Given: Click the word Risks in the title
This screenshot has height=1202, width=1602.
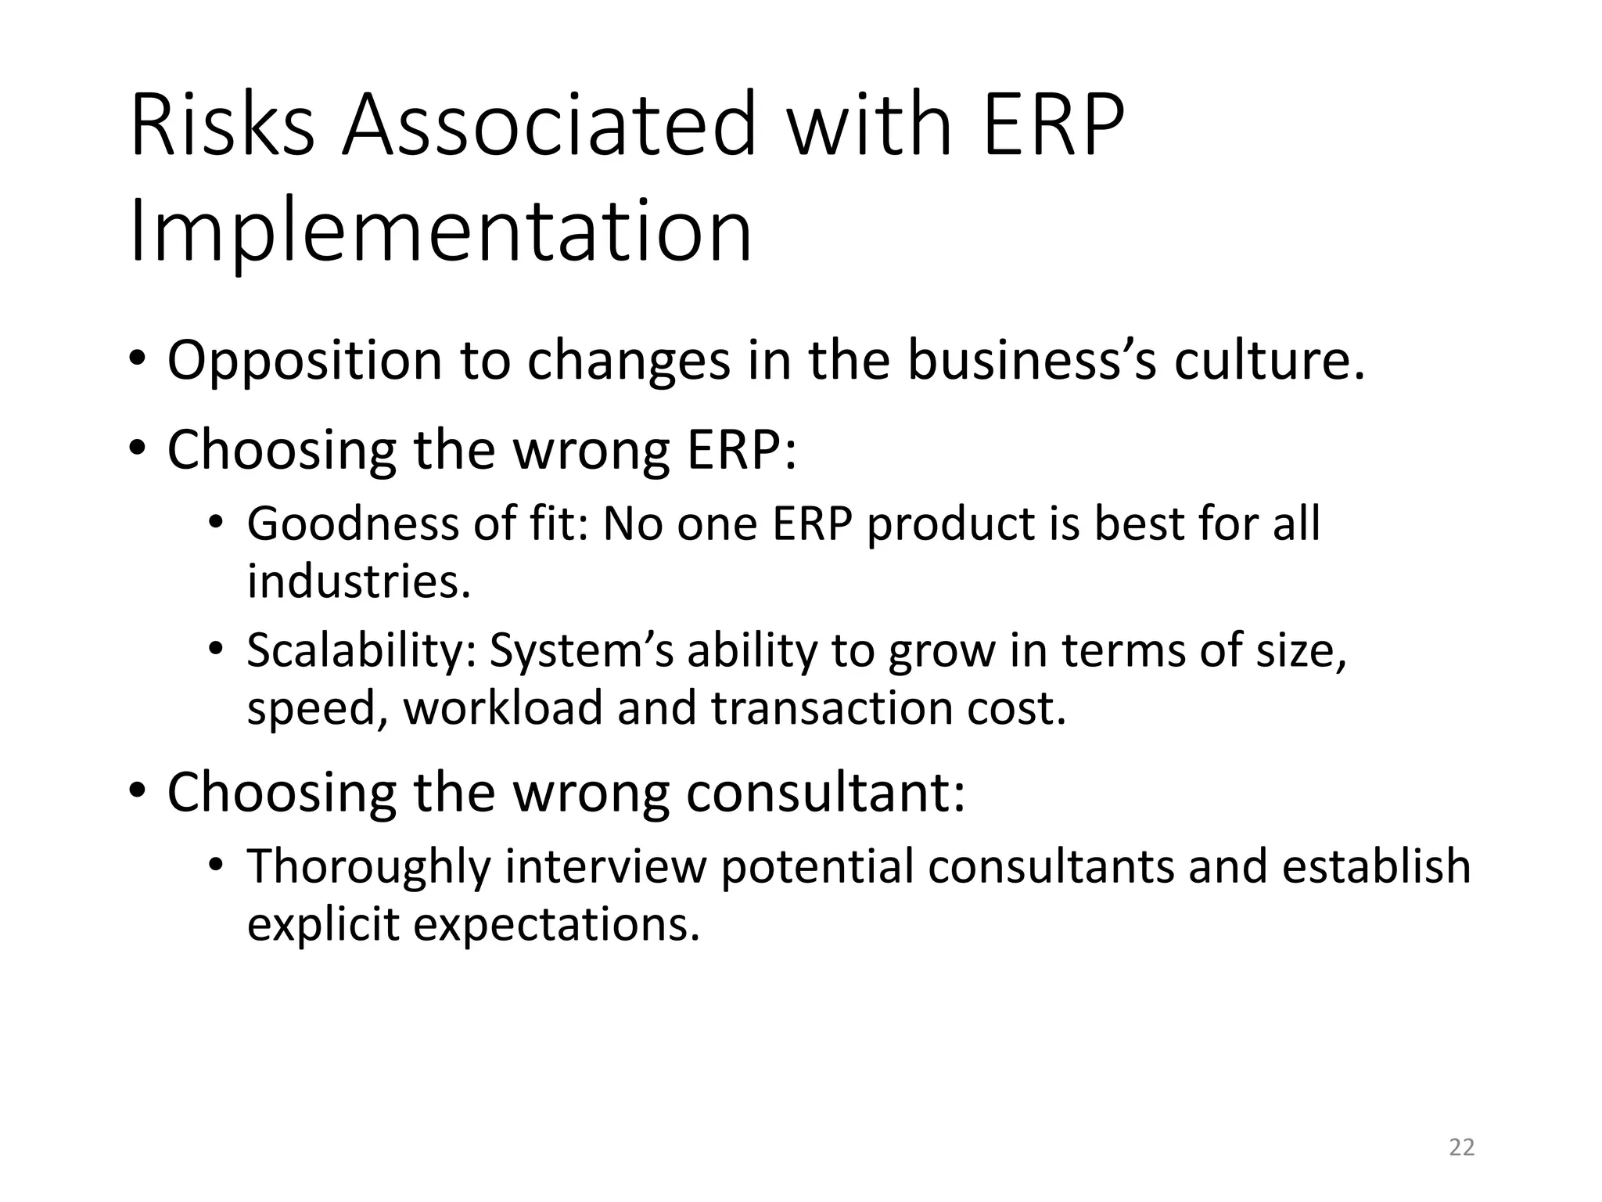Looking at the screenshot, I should [222, 125].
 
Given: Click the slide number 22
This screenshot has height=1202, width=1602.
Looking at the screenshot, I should [1461, 1147].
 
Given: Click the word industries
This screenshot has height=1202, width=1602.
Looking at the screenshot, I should [359, 581].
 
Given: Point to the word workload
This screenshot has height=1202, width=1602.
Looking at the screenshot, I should [503, 708].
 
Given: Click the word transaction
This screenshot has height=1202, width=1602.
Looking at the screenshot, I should [832, 708].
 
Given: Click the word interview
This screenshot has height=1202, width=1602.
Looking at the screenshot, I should [605, 866].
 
